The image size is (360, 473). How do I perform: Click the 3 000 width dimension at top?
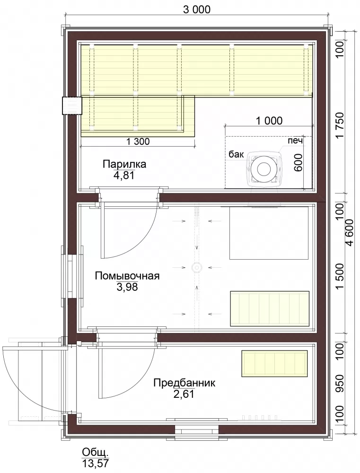pyautogui.click(x=197, y=9)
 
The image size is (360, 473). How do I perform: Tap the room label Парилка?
pyautogui.click(x=124, y=165)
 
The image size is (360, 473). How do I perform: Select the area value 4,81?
pyautogui.click(x=124, y=175)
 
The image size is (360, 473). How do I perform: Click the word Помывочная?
pyautogui.click(x=127, y=276)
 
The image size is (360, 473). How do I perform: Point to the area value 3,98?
pyautogui.click(x=127, y=287)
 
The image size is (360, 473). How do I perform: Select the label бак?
pyautogui.click(x=236, y=155)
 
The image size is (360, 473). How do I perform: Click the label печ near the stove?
pyautogui.click(x=296, y=140)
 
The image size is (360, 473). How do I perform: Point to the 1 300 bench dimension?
pyautogui.click(x=138, y=141)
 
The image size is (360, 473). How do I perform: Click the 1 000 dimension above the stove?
pyautogui.click(x=269, y=121)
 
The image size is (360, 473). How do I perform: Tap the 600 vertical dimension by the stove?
pyautogui.click(x=298, y=163)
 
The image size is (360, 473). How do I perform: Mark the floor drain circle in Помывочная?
pyautogui.click(x=197, y=267)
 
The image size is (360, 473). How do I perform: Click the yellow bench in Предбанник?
pyautogui.click(x=274, y=363)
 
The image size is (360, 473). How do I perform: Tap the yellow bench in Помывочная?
pyautogui.click(x=270, y=308)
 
